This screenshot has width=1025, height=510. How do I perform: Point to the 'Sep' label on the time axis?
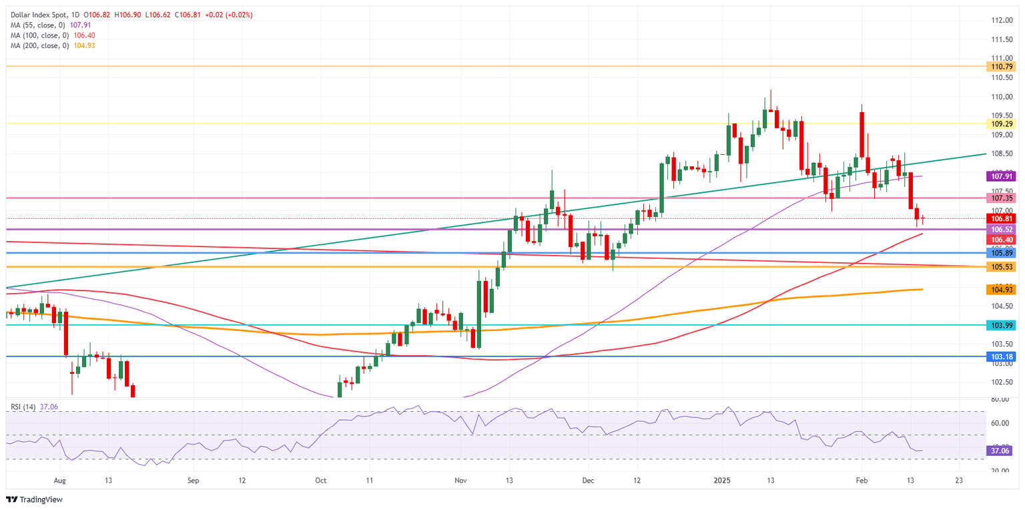[x=194, y=480]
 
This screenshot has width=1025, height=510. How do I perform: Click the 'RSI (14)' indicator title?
[x=24, y=405]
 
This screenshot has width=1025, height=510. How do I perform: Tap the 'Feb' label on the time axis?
[x=862, y=480]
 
